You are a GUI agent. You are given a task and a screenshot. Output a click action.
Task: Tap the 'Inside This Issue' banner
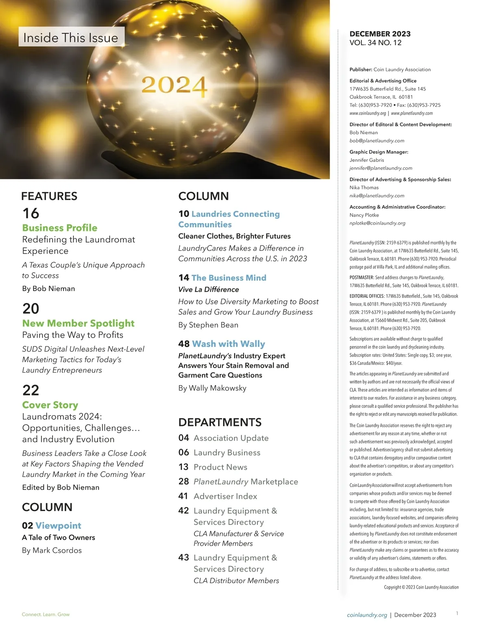(x=71, y=38)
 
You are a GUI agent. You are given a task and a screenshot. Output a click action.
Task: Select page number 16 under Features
(x=31, y=213)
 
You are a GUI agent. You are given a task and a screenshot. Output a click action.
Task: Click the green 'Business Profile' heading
(x=60, y=228)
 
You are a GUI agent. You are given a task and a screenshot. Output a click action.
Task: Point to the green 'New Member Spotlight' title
(x=78, y=323)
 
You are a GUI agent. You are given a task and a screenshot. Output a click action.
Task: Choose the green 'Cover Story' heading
(x=50, y=405)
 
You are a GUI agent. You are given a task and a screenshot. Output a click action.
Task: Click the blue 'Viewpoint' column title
(x=58, y=525)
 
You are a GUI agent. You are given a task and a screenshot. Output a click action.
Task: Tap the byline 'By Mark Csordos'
(x=52, y=550)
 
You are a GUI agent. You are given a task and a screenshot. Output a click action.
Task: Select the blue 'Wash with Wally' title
(x=228, y=344)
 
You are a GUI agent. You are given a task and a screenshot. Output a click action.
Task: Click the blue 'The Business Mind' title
(x=229, y=277)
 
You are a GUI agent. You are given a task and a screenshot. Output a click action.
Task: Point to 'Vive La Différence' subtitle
(x=209, y=289)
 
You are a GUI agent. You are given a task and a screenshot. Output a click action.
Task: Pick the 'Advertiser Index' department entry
(x=225, y=496)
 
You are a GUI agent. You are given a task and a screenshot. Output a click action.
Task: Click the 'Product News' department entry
(x=220, y=467)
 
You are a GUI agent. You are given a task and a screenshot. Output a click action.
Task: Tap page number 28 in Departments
(x=184, y=481)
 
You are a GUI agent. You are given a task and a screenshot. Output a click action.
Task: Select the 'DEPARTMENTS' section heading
(x=220, y=422)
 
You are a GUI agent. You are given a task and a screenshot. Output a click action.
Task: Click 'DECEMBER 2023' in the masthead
(x=380, y=34)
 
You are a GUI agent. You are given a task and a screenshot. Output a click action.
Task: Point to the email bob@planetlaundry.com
(x=377, y=141)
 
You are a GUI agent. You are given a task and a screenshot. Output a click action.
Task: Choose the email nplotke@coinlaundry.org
(x=377, y=223)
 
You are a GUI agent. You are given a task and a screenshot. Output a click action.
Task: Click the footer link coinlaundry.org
(x=367, y=615)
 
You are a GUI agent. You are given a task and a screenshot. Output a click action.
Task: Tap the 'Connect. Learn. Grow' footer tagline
(x=46, y=614)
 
